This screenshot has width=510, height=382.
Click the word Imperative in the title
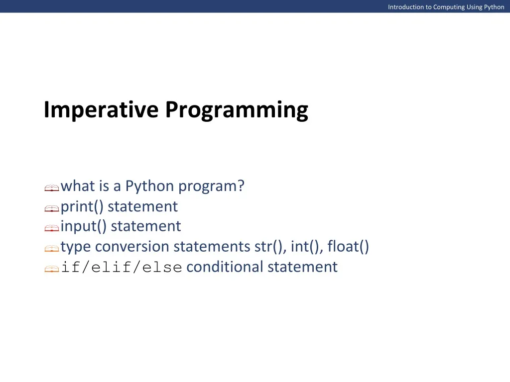(x=101, y=110)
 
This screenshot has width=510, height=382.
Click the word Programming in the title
(x=237, y=110)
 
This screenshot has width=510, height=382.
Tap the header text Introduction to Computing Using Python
(x=446, y=7)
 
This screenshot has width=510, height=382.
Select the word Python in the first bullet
(x=149, y=186)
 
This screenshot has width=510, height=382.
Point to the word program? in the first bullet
(x=211, y=186)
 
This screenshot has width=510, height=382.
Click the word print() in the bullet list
(x=82, y=206)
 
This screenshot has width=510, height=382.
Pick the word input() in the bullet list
(x=84, y=226)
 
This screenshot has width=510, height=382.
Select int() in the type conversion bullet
(x=307, y=246)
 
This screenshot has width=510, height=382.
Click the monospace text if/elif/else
(x=122, y=267)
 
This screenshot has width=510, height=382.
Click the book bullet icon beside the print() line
(x=52, y=208)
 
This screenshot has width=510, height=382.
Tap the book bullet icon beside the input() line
(x=52, y=228)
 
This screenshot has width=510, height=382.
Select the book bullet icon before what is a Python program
(x=52, y=188)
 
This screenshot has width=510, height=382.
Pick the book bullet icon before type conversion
(x=52, y=249)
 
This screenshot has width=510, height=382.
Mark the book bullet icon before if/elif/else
(x=52, y=269)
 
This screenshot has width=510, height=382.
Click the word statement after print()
(x=143, y=206)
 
